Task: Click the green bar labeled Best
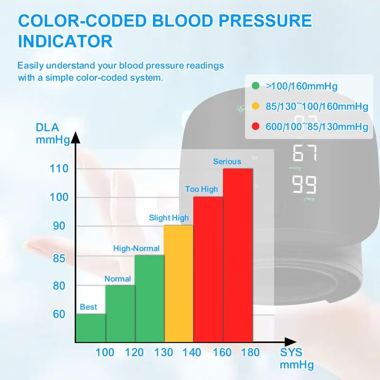pos(91,328)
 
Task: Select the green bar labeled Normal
pos(120,313)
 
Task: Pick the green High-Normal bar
pos(150,298)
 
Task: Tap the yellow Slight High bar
pos(179,284)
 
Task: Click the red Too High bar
pos(208,269)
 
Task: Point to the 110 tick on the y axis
pos(59,169)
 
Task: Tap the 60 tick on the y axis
pos(59,314)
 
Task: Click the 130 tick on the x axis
pos(164,352)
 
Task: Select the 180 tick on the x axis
pos(250,352)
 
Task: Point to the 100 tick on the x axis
pos(105,352)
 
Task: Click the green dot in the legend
pos(256,86)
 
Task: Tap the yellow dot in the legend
pos(256,106)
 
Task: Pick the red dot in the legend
pos(256,127)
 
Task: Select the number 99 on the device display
pos(304,184)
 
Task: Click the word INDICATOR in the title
pos(65,41)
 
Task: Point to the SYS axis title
pos(291,352)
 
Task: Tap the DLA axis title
pos(47,128)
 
